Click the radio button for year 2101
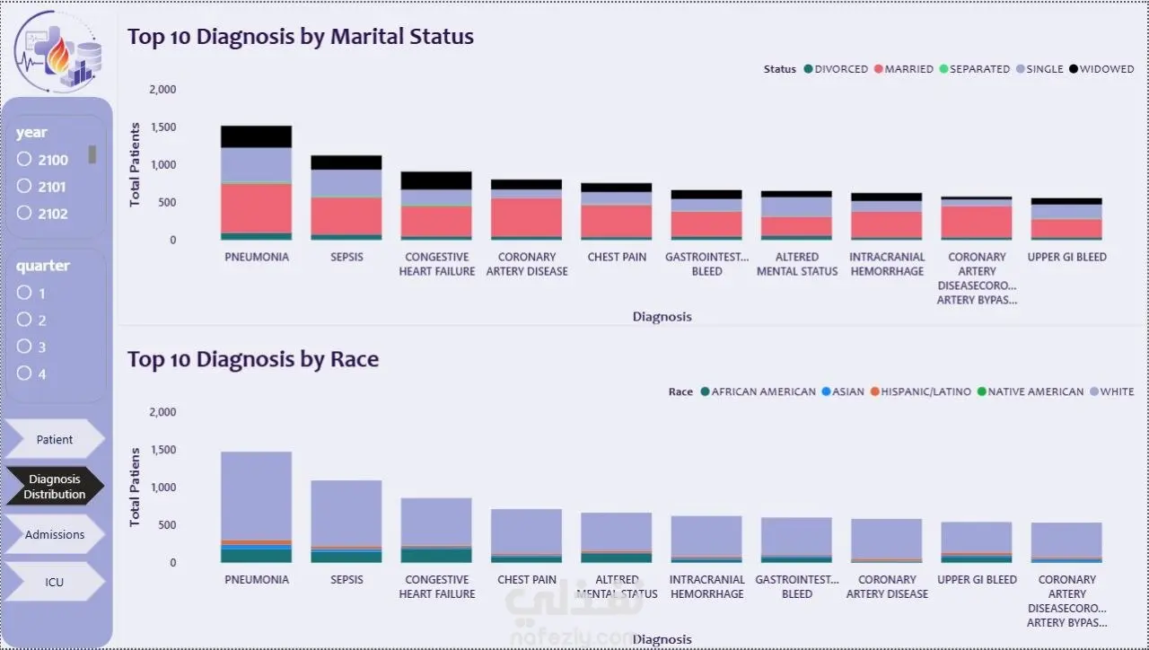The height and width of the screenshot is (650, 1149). [x=24, y=186]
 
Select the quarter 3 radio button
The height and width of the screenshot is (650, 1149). [x=24, y=347]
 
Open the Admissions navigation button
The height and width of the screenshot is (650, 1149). [x=55, y=534]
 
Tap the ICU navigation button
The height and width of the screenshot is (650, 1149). [x=55, y=582]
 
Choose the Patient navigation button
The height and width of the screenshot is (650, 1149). [x=55, y=439]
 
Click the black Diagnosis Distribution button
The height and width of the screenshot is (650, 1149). [x=55, y=487]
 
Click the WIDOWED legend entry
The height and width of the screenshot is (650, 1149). [x=1101, y=69]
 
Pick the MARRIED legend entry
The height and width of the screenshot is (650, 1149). [x=904, y=69]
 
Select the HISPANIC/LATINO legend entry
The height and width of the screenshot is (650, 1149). [x=921, y=391]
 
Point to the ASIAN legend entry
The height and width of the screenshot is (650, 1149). [x=843, y=391]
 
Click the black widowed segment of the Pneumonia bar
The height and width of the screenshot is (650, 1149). [x=257, y=137]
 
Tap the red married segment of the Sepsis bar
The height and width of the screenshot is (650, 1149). [x=346, y=216]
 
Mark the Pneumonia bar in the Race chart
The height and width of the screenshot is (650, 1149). [x=257, y=507]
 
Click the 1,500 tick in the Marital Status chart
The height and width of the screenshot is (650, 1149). [x=163, y=127]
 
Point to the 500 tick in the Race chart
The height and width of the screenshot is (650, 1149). [x=167, y=525]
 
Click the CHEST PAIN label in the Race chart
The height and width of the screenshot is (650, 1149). [x=527, y=579]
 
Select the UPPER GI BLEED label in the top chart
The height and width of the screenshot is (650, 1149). [x=1067, y=257]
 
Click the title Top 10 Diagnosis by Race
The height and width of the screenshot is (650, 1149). [x=253, y=359]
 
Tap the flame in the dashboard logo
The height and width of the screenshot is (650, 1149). [x=58, y=55]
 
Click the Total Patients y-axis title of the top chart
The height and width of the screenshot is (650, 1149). [x=135, y=164]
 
